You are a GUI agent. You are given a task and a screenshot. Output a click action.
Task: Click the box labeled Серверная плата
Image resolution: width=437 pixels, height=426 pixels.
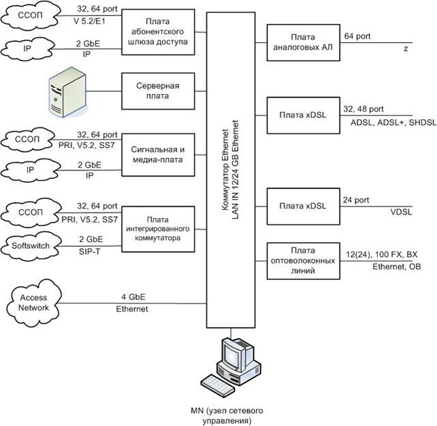[x=158, y=91]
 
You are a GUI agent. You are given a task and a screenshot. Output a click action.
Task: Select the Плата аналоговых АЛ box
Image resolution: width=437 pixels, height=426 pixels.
[x=303, y=42]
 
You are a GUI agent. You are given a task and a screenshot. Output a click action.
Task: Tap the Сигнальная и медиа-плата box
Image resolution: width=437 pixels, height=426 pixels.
[x=158, y=155]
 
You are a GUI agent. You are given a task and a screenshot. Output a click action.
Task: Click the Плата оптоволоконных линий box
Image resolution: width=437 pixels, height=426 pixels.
[x=303, y=261]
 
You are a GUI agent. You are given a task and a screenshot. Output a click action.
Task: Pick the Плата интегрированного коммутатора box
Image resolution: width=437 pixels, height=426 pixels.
[x=158, y=229]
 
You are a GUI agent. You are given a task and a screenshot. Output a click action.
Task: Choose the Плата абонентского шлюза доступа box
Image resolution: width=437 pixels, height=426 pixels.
[x=158, y=32]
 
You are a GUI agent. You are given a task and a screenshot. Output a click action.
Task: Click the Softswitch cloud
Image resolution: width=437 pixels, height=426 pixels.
[x=31, y=245]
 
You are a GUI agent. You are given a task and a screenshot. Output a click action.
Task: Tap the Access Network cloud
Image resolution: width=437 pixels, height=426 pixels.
[x=33, y=303]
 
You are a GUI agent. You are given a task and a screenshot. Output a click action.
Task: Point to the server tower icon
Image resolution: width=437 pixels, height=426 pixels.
[x=67, y=92]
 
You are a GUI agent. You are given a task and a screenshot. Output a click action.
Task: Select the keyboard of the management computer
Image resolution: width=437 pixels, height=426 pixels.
[x=216, y=386]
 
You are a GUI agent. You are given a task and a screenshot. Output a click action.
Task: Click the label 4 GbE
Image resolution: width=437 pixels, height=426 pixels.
[x=133, y=296]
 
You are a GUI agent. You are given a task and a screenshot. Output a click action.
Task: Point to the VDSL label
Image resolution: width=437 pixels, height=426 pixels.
[x=401, y=212]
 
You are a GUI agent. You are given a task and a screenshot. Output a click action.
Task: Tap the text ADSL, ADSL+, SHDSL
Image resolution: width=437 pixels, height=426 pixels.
[x=393, y=122]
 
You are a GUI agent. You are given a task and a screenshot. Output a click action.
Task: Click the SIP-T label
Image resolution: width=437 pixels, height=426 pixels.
[x=89, y=252]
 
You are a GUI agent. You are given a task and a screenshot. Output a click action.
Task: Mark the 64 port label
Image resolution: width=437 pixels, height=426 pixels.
[x=357, y=36]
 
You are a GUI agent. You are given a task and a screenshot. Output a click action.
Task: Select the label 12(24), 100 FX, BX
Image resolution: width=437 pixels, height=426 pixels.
[x=382, y=254]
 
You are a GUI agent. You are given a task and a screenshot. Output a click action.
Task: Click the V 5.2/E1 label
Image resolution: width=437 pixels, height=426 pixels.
[x=89, y=21]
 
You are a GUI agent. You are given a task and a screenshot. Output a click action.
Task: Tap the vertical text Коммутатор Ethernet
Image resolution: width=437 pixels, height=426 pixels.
[x=225, y=170]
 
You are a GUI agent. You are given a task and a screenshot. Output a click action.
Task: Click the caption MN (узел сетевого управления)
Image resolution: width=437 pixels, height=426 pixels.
[x=227, y=416]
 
